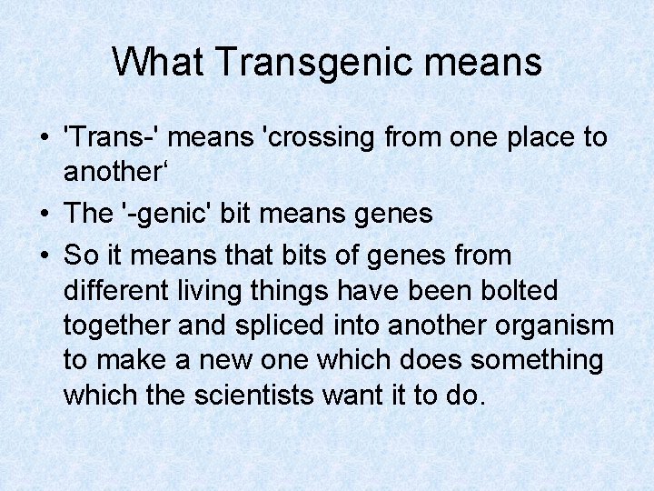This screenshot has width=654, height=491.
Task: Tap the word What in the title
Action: [160, 61]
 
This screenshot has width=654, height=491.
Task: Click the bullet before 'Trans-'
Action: [44, 139]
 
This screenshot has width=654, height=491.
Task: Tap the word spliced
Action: [291, 326]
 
